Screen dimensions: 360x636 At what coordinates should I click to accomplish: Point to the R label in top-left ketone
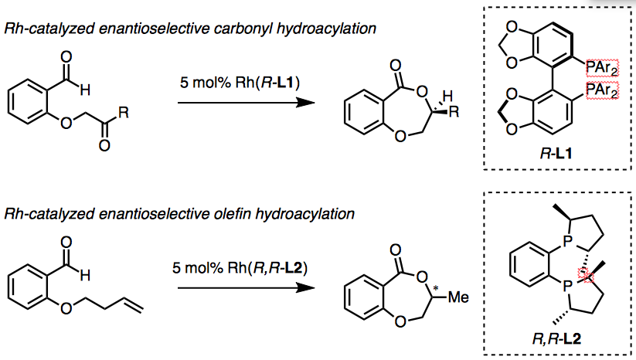coord(123,110)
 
